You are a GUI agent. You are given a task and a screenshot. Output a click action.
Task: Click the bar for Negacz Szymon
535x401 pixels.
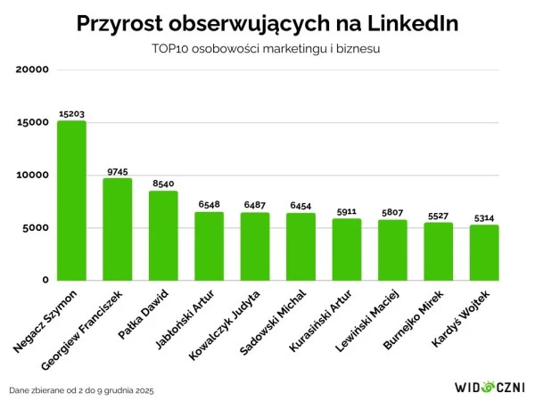71,200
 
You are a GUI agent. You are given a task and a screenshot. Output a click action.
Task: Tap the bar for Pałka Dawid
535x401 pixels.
163,235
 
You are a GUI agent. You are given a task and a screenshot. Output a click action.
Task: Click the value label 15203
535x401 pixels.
71,114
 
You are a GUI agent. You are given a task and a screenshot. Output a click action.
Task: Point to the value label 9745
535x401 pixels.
118,171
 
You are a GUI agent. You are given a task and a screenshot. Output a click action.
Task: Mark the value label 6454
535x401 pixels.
301,206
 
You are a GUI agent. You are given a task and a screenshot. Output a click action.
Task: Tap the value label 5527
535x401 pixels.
439,216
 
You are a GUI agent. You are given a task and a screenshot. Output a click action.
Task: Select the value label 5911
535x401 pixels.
347,212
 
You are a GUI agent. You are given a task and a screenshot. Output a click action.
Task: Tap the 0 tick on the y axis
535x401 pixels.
44,280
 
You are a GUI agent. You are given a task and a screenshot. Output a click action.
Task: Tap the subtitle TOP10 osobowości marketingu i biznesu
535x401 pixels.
267,49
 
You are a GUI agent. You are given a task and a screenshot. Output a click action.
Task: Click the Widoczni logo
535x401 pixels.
490,388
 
